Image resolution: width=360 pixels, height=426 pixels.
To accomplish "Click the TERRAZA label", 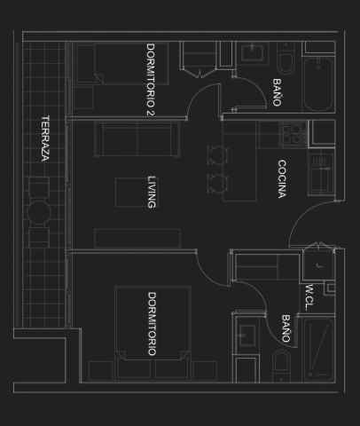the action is [x=45, y=138].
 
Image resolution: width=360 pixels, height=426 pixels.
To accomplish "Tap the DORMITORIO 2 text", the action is [x=151, y=80].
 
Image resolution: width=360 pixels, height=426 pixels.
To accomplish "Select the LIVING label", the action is [x=152, y=193].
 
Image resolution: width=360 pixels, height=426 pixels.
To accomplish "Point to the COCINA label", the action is [x=282, y=179].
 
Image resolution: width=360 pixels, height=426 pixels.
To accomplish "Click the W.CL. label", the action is [x=309, y=298].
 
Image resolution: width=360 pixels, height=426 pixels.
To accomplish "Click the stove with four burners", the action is [x=293, y=134].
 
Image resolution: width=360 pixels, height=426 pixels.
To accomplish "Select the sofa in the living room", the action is [x=137, y=139].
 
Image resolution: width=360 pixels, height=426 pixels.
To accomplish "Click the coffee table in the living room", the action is [x=137, y=192].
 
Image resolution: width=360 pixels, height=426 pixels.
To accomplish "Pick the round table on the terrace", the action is [x=39, y=212].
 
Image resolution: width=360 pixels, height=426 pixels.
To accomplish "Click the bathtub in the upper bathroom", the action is [x=318, y=84].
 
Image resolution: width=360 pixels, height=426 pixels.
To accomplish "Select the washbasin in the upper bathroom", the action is [x=253, y=52].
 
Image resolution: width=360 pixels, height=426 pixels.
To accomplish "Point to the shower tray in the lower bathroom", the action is [x=318, y=350].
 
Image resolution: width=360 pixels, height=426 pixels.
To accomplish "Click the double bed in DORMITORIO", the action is [x=153, y=333].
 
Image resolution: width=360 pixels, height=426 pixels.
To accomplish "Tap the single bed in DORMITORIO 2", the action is [x=121, y=63].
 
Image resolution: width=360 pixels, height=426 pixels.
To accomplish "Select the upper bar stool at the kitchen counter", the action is [x=217, y=155].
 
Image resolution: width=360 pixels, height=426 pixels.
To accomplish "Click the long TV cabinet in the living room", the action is [x=137, y=238].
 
